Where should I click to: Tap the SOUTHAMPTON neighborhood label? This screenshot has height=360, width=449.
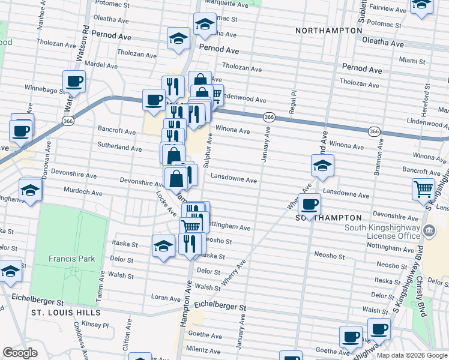coord(329,218)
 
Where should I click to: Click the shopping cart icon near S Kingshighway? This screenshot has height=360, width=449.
coord(424,189)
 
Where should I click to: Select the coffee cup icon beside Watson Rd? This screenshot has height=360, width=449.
coord(74,81)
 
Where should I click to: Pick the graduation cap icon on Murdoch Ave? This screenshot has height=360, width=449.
coord(30,190)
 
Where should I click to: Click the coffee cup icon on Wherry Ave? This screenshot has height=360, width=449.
coord(309,205)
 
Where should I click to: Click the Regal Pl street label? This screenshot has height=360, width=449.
coord(294,102)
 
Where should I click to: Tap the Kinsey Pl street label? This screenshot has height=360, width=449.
coord(97,325)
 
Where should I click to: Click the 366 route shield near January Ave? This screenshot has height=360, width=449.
coord(269,118)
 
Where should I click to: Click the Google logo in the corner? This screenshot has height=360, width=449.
coord(20,352)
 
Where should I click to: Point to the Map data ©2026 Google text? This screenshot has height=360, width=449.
coord(411,355)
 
